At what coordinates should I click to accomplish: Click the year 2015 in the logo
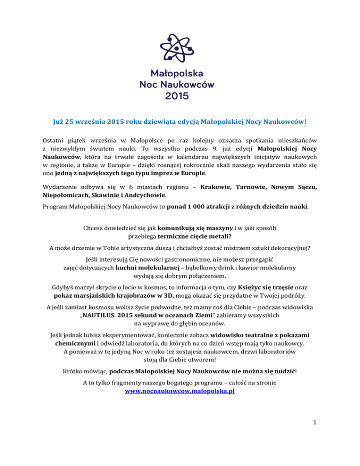tap(180, 97)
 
